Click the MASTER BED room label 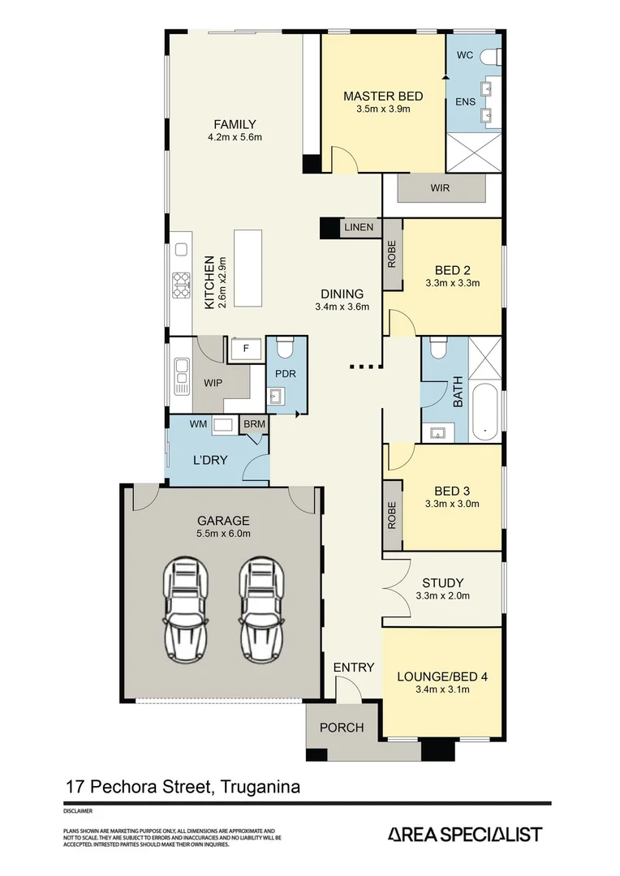pos(383,96)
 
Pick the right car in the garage pos(260,608)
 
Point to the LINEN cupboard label pos(358,228)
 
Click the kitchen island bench pos(248,268)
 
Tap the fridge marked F pos(246,350)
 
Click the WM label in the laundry pos(198,423)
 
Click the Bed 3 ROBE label pos(392,515)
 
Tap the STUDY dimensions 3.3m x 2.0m pos(442,596)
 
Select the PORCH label pos(342,728)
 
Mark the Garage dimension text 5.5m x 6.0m pos(223,534)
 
